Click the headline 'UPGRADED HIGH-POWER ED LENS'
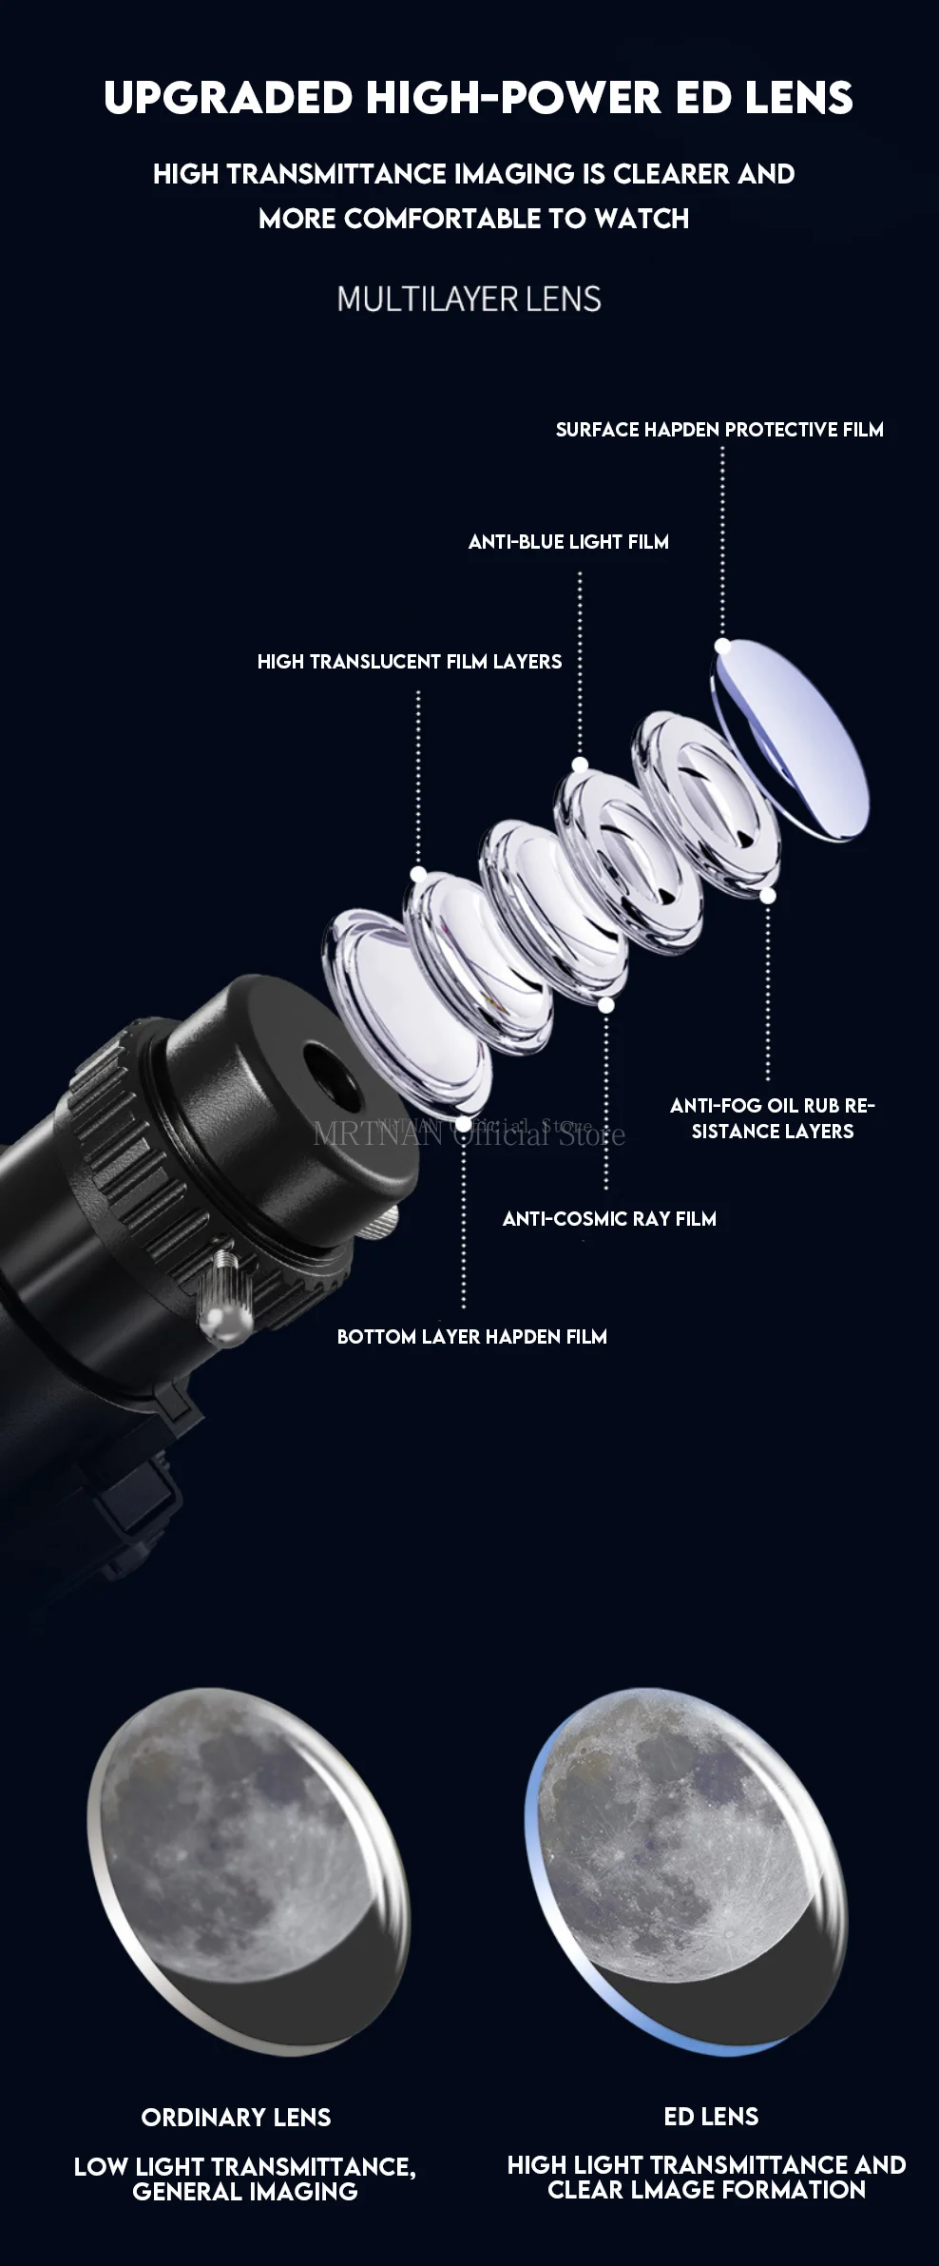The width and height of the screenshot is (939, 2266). pyautogui.click(x=478, y=98)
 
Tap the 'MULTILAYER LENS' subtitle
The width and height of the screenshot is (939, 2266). pyautogui.click(x=469, y=300)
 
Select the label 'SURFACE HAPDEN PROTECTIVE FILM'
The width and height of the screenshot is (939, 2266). pyautogui.click(x=719, y=430)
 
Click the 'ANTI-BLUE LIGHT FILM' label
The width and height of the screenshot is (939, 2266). pyautogui.click(x=568, y=542)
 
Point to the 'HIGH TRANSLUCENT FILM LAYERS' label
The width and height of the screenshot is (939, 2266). pyautogui.click(x=410, y=662)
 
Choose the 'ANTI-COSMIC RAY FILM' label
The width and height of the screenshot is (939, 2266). pyautogui.click(x=609, y=1219)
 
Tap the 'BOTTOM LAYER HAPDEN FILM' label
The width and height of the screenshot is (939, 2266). pyautogui.click(x=472, y=1337)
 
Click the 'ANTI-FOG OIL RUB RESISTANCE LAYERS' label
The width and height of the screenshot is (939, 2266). pyautogui.click(x=773, y=1118)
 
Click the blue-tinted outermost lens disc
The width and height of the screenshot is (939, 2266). pyautogui.click(x=791, y=739)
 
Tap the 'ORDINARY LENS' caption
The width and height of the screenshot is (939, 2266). pyautogui.click(x=236, y=2118)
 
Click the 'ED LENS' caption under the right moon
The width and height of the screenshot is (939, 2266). pyautogui.click(x=711, y=2117)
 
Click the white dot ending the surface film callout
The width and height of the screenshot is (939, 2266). pyautogui.click(x=722, y=646)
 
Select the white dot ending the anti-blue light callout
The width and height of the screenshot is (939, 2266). pyautogui.click(x=580, y=765)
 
